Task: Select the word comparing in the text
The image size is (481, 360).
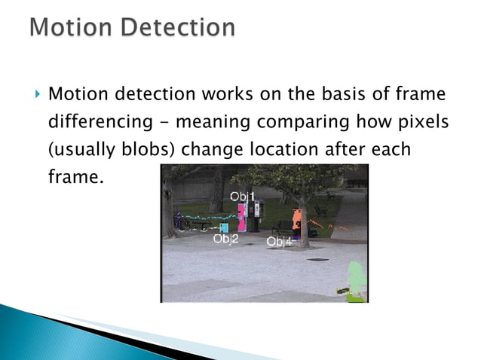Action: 312,123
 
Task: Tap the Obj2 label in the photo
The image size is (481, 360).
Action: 225,239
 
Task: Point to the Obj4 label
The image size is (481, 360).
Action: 280,242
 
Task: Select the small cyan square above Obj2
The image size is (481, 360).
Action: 224,227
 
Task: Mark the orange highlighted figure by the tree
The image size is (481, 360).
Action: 298,220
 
